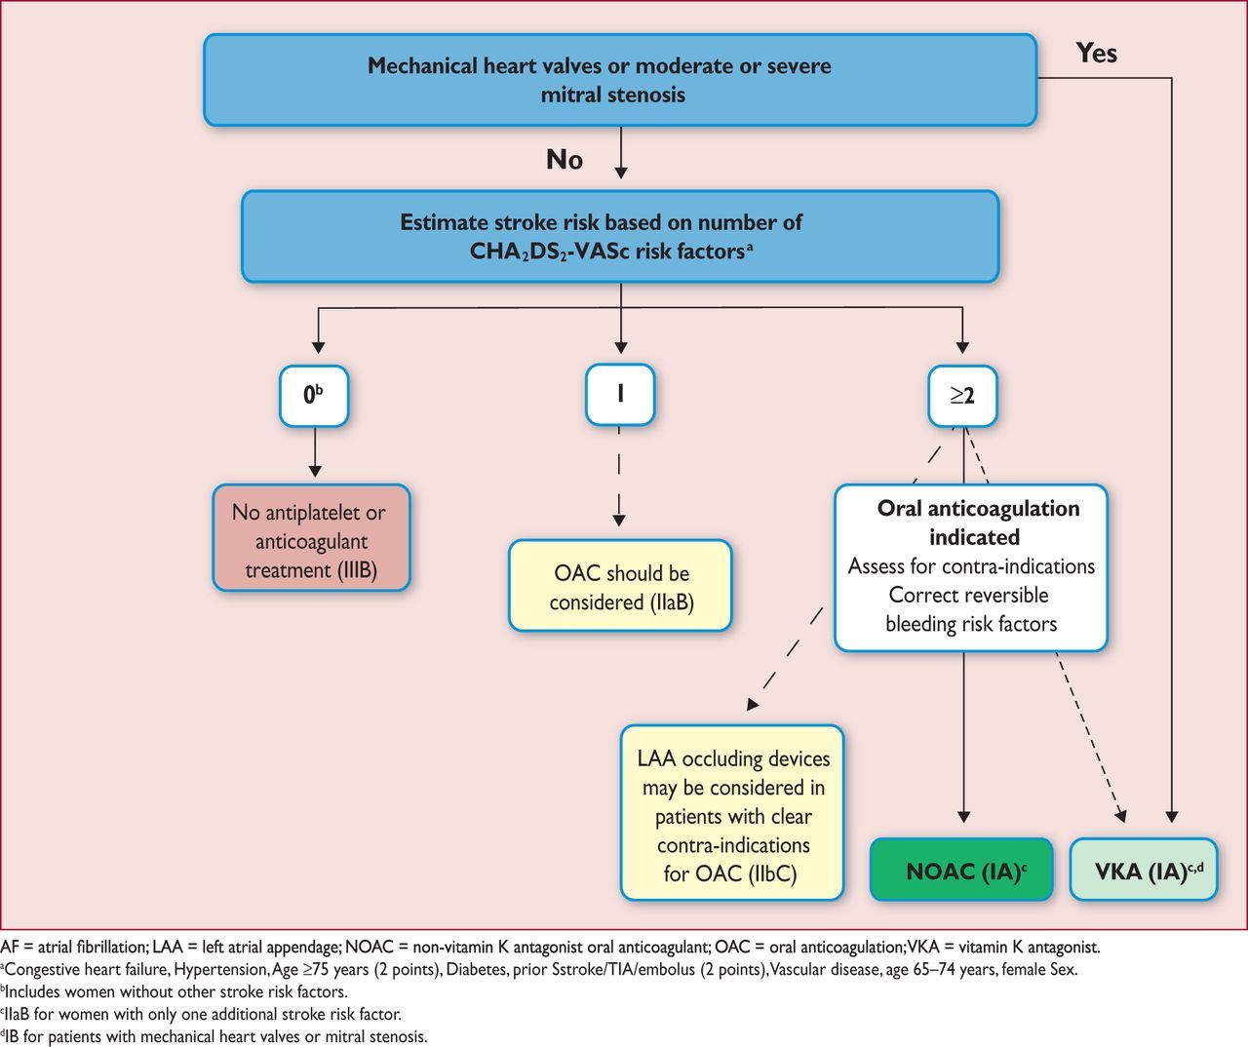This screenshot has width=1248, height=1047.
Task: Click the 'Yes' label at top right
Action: (1096, 54)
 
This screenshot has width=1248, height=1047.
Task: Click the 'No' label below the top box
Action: (565, 160)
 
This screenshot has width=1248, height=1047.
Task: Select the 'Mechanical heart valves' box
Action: (620, 80)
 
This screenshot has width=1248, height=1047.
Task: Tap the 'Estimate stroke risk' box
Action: (620, 237)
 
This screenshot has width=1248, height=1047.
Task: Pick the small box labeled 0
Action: (314, 396)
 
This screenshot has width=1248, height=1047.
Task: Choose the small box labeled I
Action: (620, 395)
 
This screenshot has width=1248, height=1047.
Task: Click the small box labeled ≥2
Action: (962, 396)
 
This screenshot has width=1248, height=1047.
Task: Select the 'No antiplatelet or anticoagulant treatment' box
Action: (311, 538)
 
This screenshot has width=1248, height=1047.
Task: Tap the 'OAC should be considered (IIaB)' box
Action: (620, 586)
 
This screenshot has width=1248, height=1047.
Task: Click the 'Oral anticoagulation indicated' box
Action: (971, 567)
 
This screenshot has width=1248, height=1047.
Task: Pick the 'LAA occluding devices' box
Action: (732, 813)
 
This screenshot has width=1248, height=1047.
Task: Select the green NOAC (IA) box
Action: (961, 870)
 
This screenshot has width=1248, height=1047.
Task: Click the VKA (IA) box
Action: (1144, 870)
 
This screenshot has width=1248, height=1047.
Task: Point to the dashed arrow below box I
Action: (619, 477)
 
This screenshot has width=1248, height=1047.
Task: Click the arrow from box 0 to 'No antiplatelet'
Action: (315, 451)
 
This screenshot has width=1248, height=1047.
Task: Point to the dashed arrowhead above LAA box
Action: (753, 704)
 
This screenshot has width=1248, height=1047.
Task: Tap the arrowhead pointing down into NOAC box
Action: (963, 816)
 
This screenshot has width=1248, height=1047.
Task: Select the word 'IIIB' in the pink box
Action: (358, 570)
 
